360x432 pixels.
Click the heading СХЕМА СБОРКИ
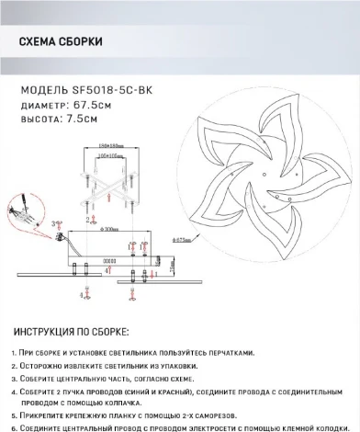click(60, 42)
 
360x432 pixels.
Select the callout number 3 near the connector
click(57, 222)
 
